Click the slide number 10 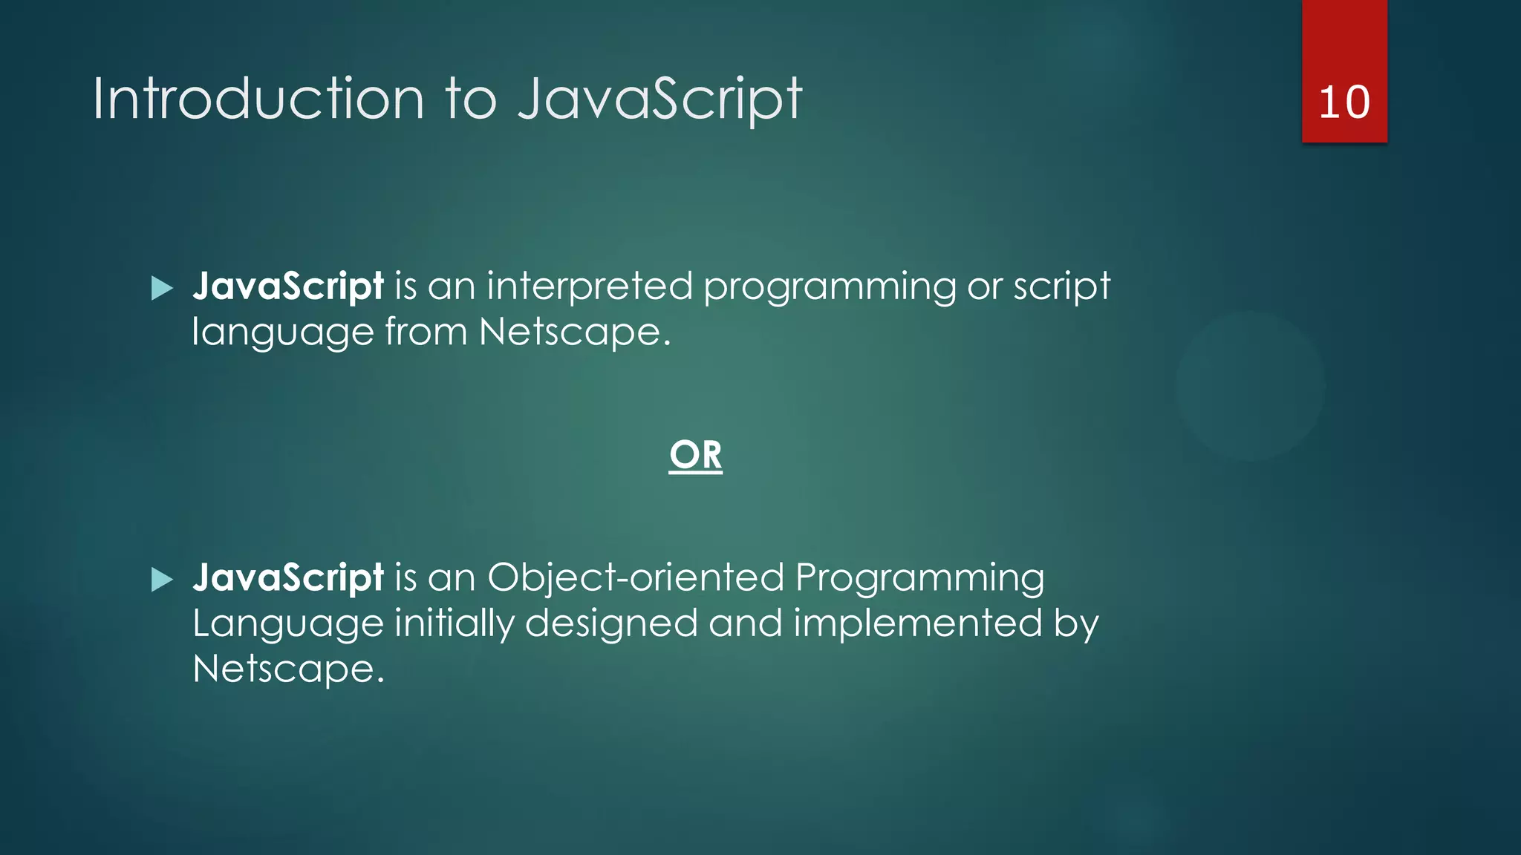click(x=1344, y=102)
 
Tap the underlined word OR click(x=695, y=454)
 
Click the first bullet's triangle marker click(x=161, y=288)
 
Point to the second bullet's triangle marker click(x=161, y=580)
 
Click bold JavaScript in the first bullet click(x=288, y=286)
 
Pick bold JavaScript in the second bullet click(x=288, y=578)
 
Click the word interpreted click(x=590, y=286)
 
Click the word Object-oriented click(x=636, y=578)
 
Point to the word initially click(x=454, y=623)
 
